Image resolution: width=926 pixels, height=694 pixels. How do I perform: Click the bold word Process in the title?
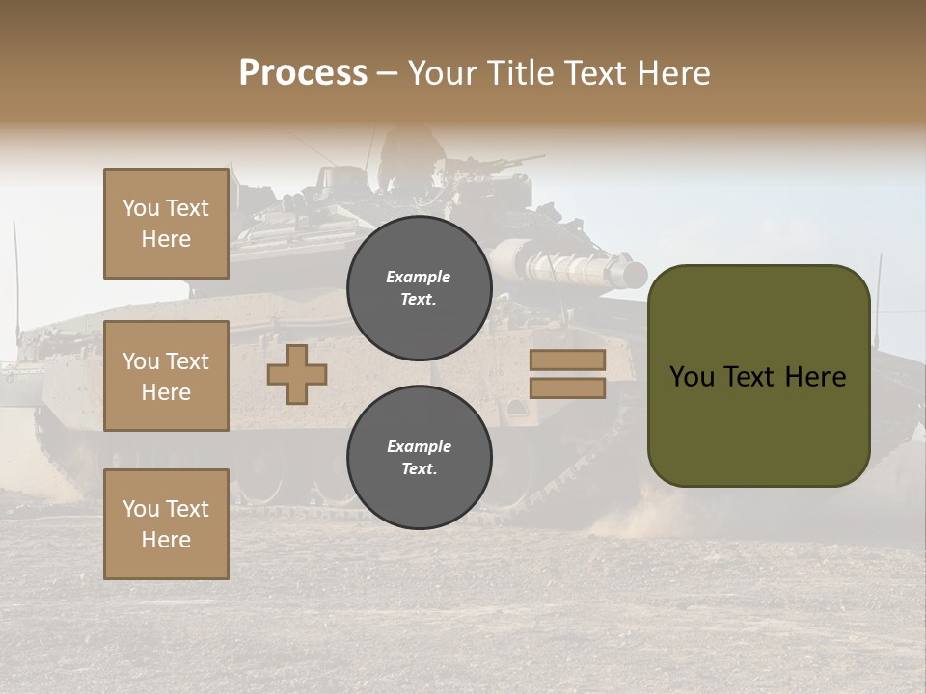pos(303,73)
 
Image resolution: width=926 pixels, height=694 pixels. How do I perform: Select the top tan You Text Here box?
pos(166,224)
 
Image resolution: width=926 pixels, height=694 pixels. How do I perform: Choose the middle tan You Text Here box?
pos(166,376)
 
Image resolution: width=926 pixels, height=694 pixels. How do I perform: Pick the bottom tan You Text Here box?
pos(166,524)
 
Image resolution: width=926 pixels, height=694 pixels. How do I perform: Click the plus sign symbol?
pos(297,375)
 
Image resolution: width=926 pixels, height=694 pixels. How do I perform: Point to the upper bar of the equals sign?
pos(567,360)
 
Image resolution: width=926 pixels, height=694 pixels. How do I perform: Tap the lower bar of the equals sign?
pos(567,388)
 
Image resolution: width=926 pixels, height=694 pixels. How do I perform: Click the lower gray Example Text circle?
pos(419,458)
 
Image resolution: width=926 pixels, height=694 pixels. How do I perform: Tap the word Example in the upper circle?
pos(419,277)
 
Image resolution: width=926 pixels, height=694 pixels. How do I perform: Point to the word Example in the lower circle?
pos(419,446)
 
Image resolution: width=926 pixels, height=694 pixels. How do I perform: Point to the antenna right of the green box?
pos(880,289)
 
